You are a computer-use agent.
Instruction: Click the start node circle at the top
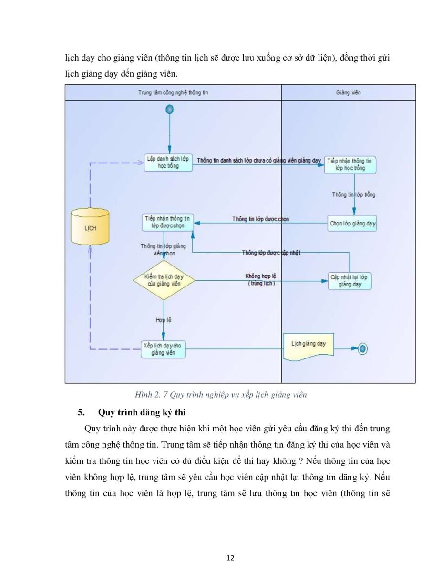tap(170, 110)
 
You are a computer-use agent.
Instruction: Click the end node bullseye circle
tap(362, 349)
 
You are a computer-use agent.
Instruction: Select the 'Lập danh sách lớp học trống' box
tap(168, 163)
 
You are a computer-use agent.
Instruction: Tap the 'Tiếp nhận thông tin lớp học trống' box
tap(350, 165)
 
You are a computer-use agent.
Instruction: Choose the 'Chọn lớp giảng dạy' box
tap(352, 223)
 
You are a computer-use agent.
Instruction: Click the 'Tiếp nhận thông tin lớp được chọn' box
tap(168, 223)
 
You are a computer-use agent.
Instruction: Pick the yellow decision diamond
tap(164, 280)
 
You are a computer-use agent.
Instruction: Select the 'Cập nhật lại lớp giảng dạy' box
tap(350, 281)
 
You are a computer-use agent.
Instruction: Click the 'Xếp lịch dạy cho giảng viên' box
tap(163, 349)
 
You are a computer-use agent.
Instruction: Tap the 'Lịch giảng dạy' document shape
tap(308, 347)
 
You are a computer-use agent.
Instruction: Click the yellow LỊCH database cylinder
tap(90, 227)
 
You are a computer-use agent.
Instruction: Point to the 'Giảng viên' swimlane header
tap(348, 92)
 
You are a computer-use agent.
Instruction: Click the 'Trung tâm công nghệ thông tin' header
tap(173, 92)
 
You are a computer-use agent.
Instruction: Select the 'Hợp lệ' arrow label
tap(164, 320)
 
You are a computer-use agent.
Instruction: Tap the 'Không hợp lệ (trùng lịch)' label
tap(261, 279)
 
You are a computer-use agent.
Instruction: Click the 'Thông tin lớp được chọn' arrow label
tap(261, 219)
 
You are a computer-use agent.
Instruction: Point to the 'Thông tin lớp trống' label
tap(353, 194)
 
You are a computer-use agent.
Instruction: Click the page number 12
tap(230, 558)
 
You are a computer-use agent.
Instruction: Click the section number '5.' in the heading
tap(82, 412)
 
